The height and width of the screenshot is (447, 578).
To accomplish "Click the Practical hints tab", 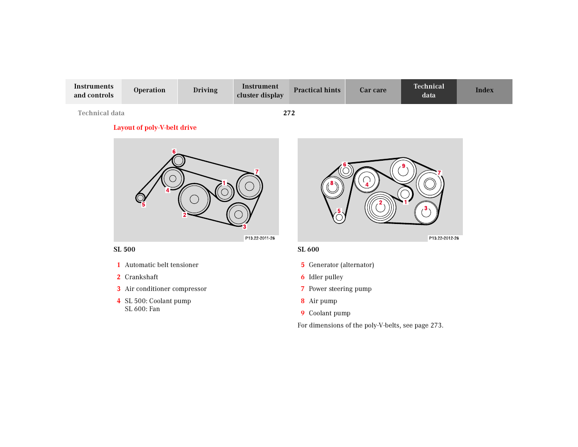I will [x=317, y=90].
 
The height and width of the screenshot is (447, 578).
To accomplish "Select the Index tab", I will [x=484, y=90].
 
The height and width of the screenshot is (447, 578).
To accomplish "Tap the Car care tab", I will [x=373, y=90].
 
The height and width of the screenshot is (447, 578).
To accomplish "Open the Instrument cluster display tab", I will [x=260, y=91].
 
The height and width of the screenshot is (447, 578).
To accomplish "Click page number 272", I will [x=289, y=113].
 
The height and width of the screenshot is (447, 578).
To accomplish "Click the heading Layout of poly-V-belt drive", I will [x=155, y=127].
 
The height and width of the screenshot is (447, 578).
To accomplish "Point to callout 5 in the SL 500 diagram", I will [x=144, y=205].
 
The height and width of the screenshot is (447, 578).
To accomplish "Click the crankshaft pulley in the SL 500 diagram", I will [x=194, y=199].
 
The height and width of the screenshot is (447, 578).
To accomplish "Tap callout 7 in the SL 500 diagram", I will [x=257, y=172].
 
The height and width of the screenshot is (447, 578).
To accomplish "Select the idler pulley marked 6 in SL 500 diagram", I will [x=178, y=161].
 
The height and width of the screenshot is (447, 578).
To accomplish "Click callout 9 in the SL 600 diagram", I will [x=403, y=166].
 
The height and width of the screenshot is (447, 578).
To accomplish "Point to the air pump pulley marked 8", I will [x=333, y=188].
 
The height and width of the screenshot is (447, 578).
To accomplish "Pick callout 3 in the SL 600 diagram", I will [x=426, y=209].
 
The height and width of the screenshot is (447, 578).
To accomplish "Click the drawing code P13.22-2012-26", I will [x=444, y=238].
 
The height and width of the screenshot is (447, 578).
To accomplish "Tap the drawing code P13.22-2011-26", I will [x=260, y=238].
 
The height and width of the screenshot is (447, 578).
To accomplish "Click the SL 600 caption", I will [x=308, y=249].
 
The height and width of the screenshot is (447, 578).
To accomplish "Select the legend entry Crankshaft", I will [x=141, y=277].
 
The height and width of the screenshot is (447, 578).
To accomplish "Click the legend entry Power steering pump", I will [x=340, y=289].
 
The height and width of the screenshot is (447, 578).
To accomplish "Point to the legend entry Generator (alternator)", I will [x=341, y=265].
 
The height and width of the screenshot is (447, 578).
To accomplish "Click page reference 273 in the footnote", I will [x=436, y=325].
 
